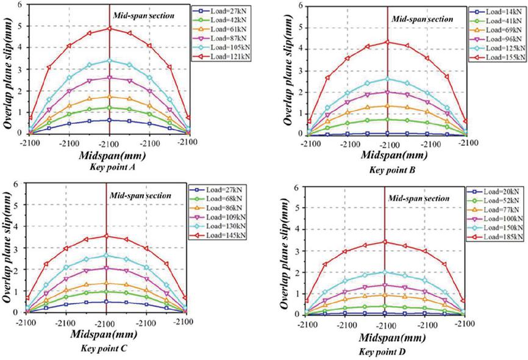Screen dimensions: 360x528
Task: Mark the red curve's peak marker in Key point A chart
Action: tap(109, 28)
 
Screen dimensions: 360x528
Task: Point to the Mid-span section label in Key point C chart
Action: tap(140, 196)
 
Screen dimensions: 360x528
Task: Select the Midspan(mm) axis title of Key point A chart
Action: tap(109, 154)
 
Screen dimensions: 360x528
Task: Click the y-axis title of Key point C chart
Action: tap(9, 247)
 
